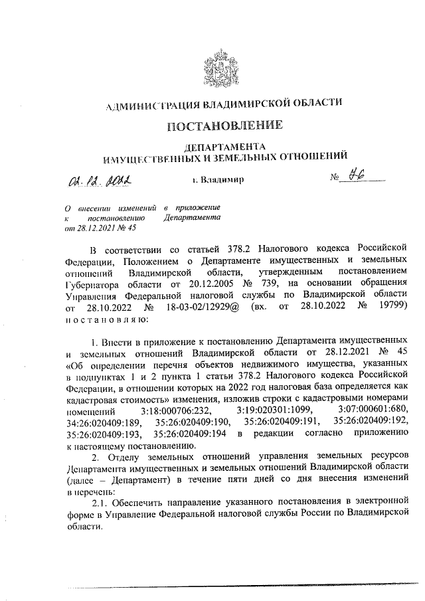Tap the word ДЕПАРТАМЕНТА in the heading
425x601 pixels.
coord(225,145)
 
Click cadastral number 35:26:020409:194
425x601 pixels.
coord(193,434)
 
